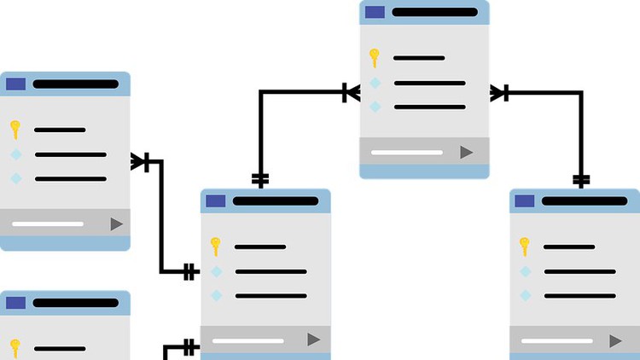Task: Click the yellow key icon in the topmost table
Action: (374, 58)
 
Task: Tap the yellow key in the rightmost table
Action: (525, 247)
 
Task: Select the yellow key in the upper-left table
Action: (15, 130)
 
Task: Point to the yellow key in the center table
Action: (215, 247)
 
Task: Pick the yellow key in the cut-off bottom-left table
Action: (15, 347)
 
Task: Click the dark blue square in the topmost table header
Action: (375, 12)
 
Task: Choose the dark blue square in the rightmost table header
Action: (524, 201)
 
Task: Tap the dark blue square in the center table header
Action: (215, 201)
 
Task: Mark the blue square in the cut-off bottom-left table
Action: (15, 303)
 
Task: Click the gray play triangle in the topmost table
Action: (467, 152)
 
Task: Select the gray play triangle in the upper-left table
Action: (117, 224)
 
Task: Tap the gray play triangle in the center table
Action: (314, 340)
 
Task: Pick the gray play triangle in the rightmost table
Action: (615, 340)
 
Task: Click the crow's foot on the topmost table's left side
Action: (351, 92)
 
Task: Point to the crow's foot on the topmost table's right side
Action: (498, 92)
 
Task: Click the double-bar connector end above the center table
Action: (260, 179)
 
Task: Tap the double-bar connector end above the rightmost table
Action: (581, 180)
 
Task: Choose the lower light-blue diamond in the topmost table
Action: (375, 107)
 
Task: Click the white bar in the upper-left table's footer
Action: (48, 224)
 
